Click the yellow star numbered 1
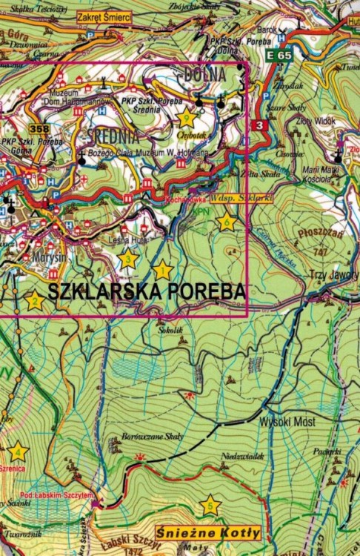pyautogui.click(x=162, y=271)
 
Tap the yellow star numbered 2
pyautogui.click(x=34, y=301)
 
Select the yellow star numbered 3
pyautogui.click(x=128, y=259)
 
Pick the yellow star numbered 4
pyautogui.click(x=17, y=451)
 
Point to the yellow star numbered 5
pyautogui.click(x=210, y=506)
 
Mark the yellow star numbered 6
pyautogui.click(x=226, y=222)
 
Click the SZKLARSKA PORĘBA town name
pyautogui.click(x=147, y=291)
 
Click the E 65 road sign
pyautogui.click(x=281, y=55)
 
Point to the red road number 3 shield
pyautogui.click(x=259, y=125)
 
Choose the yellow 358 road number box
pyautogui.click(x=39, y=129)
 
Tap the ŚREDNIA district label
pyautogui.click(x=113, y=137)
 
